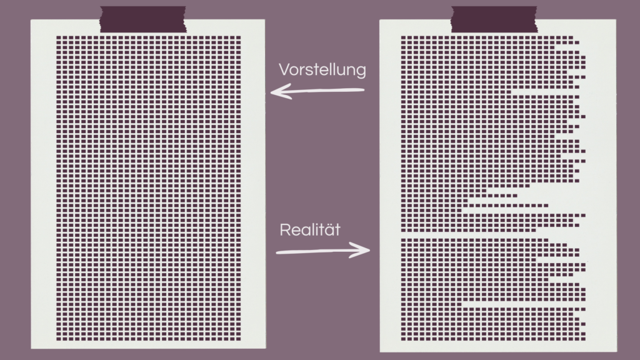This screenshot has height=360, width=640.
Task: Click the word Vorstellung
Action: point(322,69)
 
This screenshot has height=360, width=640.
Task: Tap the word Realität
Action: point(309,229)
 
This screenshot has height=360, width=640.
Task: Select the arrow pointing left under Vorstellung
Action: point(317,92)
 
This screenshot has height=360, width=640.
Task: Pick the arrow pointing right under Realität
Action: point(322,251)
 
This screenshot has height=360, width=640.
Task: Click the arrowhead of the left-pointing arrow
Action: point(276,93)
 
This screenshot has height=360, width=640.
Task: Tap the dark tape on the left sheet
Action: point(143,19)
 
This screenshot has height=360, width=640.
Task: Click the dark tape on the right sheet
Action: point(494,19)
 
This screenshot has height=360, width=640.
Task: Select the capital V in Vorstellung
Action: point(284,69)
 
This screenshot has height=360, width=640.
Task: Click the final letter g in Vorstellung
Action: point(361,71)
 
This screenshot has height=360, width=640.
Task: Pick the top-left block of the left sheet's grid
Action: point(59,38)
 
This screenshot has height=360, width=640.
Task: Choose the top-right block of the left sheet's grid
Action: point(237,38)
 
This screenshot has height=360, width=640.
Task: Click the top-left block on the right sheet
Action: point(404,38)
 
